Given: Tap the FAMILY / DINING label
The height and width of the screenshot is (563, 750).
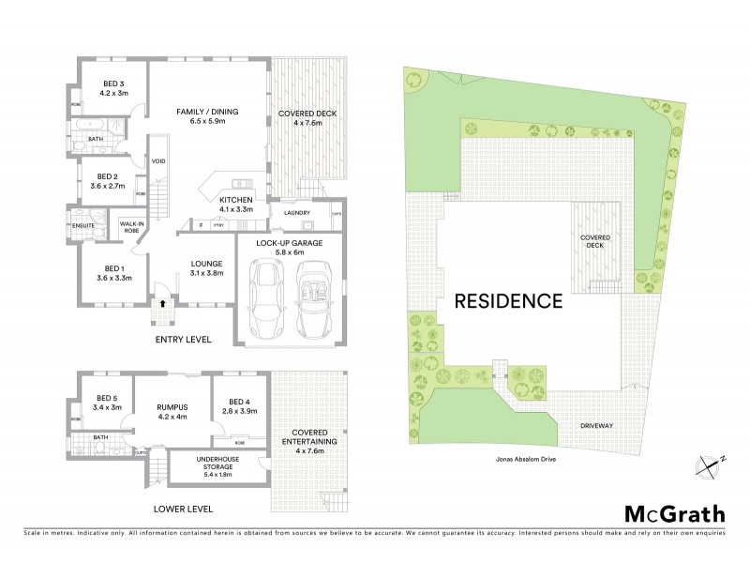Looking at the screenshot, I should point(208,112).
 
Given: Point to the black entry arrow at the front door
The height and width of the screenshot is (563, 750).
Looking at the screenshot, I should point(165,303).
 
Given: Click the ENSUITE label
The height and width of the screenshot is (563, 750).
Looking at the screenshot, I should point(82,225).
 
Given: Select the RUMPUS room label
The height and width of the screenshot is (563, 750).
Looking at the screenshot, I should point(172,408).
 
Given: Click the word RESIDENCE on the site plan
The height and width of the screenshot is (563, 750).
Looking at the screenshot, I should point(508,301).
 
